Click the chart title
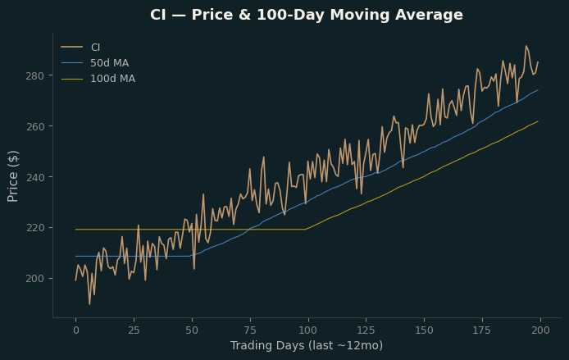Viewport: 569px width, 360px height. pyautogui.click(x=307, y=15)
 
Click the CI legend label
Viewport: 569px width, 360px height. pyautogui.click(x=95, y=48)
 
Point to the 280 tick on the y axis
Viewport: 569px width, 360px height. pyautogui.click(x=34, y=75)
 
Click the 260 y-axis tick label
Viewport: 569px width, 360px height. pyautogui.click(x=34, y=126)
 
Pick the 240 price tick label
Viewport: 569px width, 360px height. pyautogui.click(x=34, y=177)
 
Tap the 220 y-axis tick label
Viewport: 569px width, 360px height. pyautogui.click(x=34, y=228)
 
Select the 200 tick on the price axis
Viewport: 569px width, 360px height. pyautogui.click(x=34, y=279)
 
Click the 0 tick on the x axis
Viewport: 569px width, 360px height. pyautogui.click(x=76, y=330)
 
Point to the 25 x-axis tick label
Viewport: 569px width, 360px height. pyautogui.click(x=134, y=330)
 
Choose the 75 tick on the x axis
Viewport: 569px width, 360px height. pyautogui.click(x=250, y=330)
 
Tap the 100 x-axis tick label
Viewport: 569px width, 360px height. pyautogui.click(x=308, y=330)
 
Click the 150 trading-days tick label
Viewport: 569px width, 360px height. pyautogui.click(x=424, y=330)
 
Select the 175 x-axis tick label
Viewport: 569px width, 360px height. pyautogui.click(x=482, y=330)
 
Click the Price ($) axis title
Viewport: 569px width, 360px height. pyautogui.click(x=12, y=176)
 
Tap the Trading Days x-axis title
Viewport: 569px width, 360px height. pyautogui.click(x=307, y=345)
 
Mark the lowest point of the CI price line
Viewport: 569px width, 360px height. pyautogui.click(x=89, y=304)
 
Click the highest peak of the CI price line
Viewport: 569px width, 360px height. pyautogui.click(x=526, y=46)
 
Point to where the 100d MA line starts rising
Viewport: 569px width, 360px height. pyautogui.click(x=306, y=230)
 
